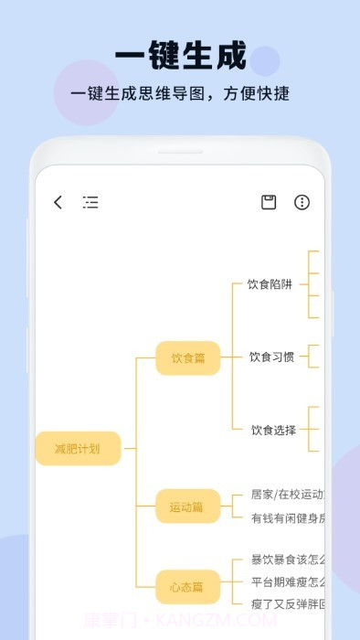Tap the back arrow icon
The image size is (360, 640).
[58, 202]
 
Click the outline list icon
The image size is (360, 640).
[90, 202]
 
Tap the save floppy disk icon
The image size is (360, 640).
[269, 202]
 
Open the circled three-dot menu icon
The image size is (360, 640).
[302, 202]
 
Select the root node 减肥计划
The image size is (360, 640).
[78, 448]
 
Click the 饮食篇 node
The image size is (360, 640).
[187, 357]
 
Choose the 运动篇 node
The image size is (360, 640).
[187, 506]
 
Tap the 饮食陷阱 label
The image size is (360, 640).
[270, 284]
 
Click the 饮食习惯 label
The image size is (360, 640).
[271, 357]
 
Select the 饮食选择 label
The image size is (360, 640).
[273, 430]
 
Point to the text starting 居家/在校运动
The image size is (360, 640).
[287, 495]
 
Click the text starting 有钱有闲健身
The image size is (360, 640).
[287, 518]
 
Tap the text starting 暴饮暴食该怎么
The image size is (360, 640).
[287, 560]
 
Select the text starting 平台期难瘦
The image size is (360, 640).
[287, 581]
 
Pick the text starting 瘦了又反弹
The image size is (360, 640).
[287, 603]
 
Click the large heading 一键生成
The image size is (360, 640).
[180, 57]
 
